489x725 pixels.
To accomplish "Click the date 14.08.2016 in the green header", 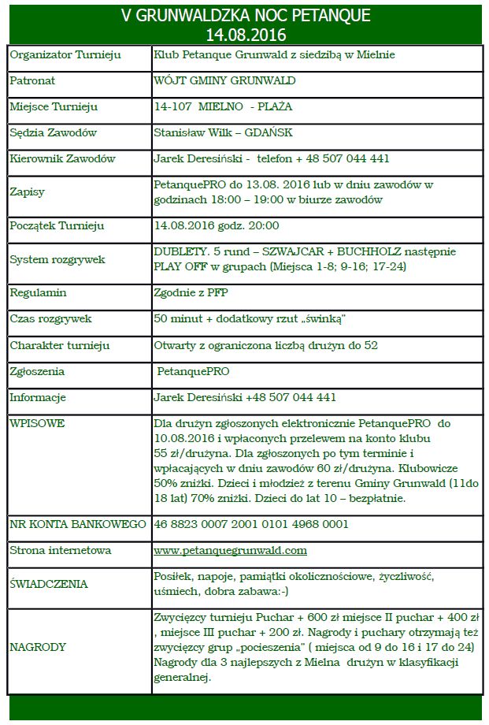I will [x=245, y=35].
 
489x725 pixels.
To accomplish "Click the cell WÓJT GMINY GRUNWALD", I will [x=225, y=80].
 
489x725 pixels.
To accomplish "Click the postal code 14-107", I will [x=172, y=106].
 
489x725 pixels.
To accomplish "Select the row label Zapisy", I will [x=28, y=191].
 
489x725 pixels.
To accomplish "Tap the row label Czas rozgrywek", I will [x=50, y=319].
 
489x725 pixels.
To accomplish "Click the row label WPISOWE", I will [x=37, y=423].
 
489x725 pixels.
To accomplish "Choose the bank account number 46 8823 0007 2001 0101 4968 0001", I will [x=251, y=524].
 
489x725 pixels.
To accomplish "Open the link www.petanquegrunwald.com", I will [x=230, y=550].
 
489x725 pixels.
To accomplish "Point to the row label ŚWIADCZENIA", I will [x=49, y=584].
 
